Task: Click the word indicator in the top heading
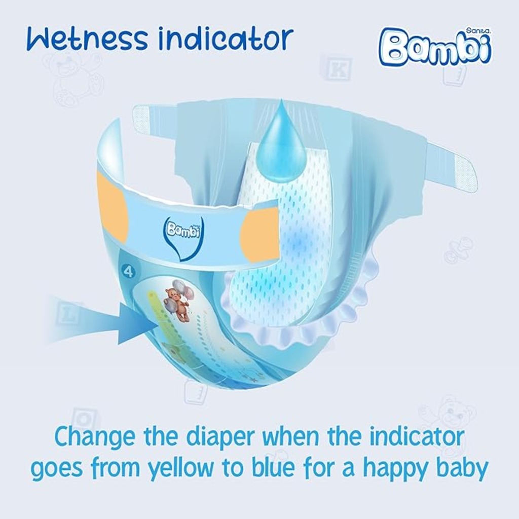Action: click(226, 39)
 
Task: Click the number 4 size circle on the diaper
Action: click(128, 272)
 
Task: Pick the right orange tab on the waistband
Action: click(260, 234)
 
